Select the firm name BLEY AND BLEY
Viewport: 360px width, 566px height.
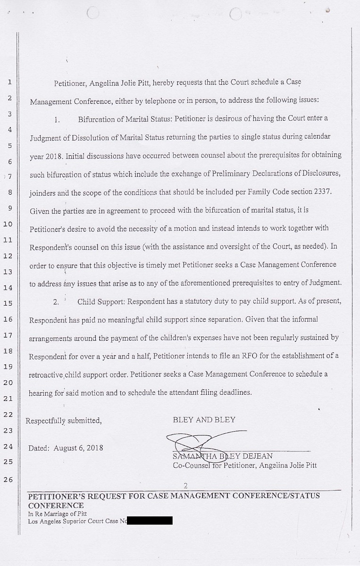204,419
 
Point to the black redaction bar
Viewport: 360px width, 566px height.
150,521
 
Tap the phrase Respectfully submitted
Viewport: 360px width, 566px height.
64,420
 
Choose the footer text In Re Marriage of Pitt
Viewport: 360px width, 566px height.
57,514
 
